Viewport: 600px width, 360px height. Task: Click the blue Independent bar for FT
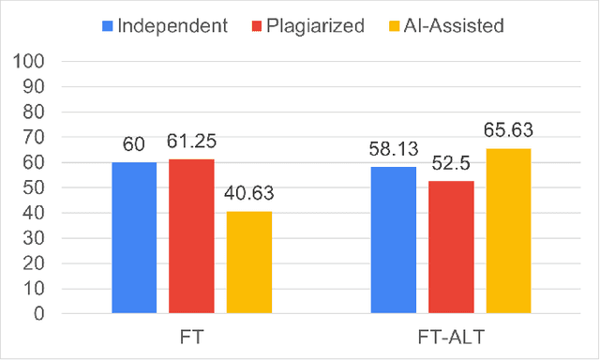134,237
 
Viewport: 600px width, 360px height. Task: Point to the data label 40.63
248,198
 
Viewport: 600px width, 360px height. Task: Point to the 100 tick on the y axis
31,62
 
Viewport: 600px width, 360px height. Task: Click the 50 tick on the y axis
36,187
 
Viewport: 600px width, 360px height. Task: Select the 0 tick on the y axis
41,314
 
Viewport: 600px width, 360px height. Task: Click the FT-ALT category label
450,335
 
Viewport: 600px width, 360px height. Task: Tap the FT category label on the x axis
191,335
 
